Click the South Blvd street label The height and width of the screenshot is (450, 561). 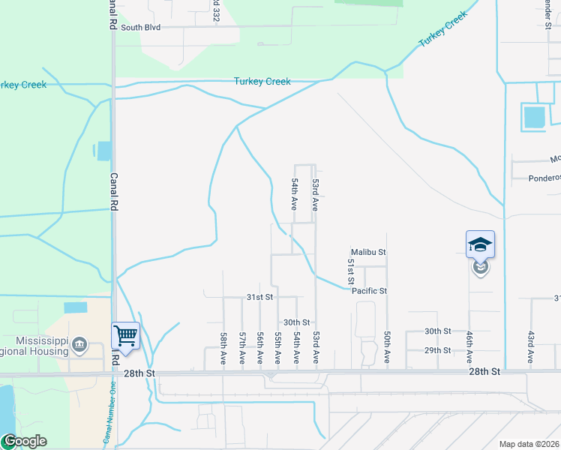point(142,28)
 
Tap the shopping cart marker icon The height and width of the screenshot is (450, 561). point(125,335)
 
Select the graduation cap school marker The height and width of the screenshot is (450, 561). point(480,244)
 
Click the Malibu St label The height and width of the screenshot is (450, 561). point(368,253)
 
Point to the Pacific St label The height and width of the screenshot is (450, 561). point(369,291)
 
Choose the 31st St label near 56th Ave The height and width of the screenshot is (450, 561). point(259,297)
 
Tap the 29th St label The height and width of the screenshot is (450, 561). point(437,350)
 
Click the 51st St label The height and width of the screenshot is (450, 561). point(350,271)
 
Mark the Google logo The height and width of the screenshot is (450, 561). point(24,441)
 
